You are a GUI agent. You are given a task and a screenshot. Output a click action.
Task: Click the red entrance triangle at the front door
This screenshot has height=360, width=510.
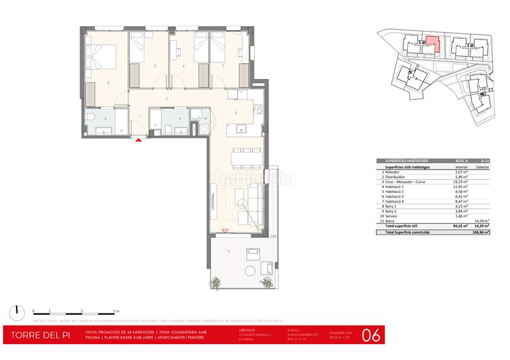click(139, 140)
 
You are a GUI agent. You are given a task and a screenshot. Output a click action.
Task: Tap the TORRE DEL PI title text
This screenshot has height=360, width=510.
click(38, 335)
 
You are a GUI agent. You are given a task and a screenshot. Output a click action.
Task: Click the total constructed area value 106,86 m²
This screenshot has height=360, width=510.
click(479, 233)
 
